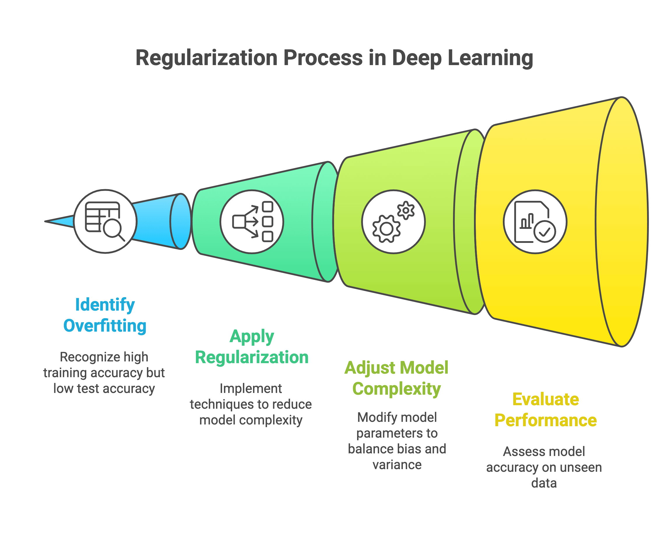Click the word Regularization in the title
(x=206, y=58)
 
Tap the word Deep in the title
(x=416, y=58)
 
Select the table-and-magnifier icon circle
(x=105, y=221)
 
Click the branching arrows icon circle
(x=252, y=222)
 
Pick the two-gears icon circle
(x=394, y=222)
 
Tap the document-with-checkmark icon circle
(x=535, y=222)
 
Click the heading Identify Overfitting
(x=105, y=315)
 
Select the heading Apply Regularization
(x=252, y=347)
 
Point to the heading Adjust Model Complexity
(x=397, y=378)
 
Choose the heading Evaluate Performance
(x=545, y=410)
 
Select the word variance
(x=397, y=465)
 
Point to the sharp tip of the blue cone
(x=45, y=221)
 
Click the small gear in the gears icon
(x=405, y=210)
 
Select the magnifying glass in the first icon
(x=114, y=230)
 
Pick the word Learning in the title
(x=490, y=58)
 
